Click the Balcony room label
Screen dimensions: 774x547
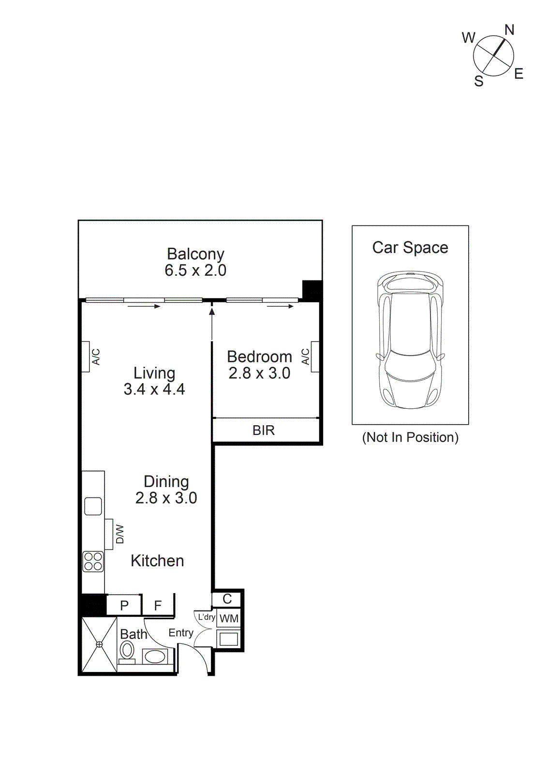195,254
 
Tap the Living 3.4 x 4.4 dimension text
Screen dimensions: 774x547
154,389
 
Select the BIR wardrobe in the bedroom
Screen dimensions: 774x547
264,430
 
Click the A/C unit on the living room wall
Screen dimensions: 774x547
86,357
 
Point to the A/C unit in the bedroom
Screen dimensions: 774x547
315,357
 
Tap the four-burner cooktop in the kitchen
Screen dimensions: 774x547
93,562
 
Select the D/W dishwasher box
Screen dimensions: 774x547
109,534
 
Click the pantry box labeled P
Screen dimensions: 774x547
124,605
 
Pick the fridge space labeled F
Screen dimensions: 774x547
158,605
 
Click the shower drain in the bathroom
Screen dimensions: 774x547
99,644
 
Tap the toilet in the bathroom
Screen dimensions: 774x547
127,651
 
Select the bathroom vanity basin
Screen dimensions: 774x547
155,656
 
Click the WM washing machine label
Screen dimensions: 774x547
229,619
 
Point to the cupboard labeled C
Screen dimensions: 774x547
227,599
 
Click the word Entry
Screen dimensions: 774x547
181,633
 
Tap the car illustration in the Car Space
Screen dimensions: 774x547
410,341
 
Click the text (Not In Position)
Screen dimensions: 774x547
410,437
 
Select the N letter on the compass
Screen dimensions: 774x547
509,30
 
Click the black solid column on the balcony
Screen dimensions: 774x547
312,290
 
